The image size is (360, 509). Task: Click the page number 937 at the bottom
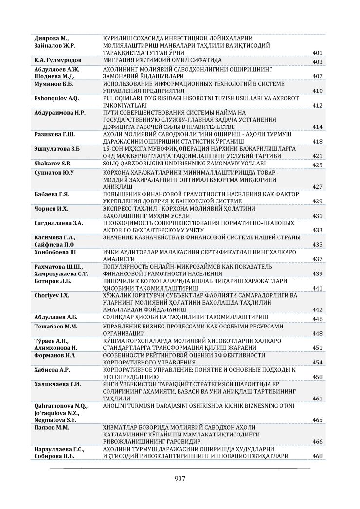point(180,478)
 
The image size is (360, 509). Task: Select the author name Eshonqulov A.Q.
point(57,99)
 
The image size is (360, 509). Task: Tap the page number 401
point(317,53)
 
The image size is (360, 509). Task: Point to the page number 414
point(317,127)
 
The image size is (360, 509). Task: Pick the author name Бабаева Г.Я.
point(52,194)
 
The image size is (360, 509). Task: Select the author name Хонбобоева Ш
point(55,252)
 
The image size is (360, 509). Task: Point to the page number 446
point(317,319)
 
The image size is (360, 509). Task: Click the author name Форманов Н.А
point(54,355)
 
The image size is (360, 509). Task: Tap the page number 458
point(317,377)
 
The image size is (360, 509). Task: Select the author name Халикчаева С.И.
point(57,384)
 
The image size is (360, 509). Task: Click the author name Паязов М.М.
point(51,427)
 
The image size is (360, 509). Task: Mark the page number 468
point(317,456)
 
